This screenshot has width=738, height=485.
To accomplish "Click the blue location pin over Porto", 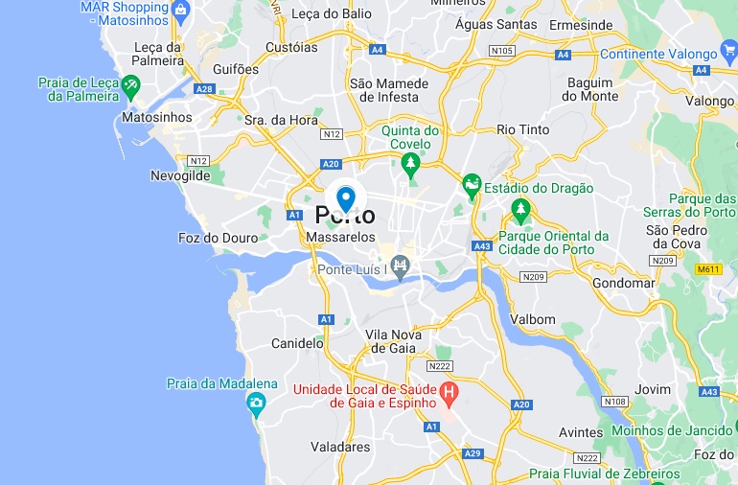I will (346, 198).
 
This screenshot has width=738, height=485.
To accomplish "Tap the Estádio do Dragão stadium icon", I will (471, 183).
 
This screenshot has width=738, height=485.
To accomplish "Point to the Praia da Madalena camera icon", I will (256, 404).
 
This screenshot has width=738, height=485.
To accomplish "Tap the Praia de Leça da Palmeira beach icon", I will (131, 85).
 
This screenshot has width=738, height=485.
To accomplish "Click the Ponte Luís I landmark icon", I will (401, 265).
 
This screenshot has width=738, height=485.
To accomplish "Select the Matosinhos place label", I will (157, 117).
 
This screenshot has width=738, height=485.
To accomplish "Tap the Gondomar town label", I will (624, 284).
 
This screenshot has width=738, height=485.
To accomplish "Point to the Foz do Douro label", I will (218, 238).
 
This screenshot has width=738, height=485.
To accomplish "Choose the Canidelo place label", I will (297, 342).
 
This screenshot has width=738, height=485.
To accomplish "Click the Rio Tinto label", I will (523, 129).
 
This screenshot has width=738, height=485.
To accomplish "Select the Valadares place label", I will (340, 447).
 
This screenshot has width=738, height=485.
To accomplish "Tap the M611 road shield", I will (708, 269).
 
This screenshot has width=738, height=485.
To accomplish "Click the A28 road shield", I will (204, 89).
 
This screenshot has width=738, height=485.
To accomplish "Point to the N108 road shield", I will (615, 401).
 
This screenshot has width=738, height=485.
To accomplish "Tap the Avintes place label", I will (581, 432).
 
